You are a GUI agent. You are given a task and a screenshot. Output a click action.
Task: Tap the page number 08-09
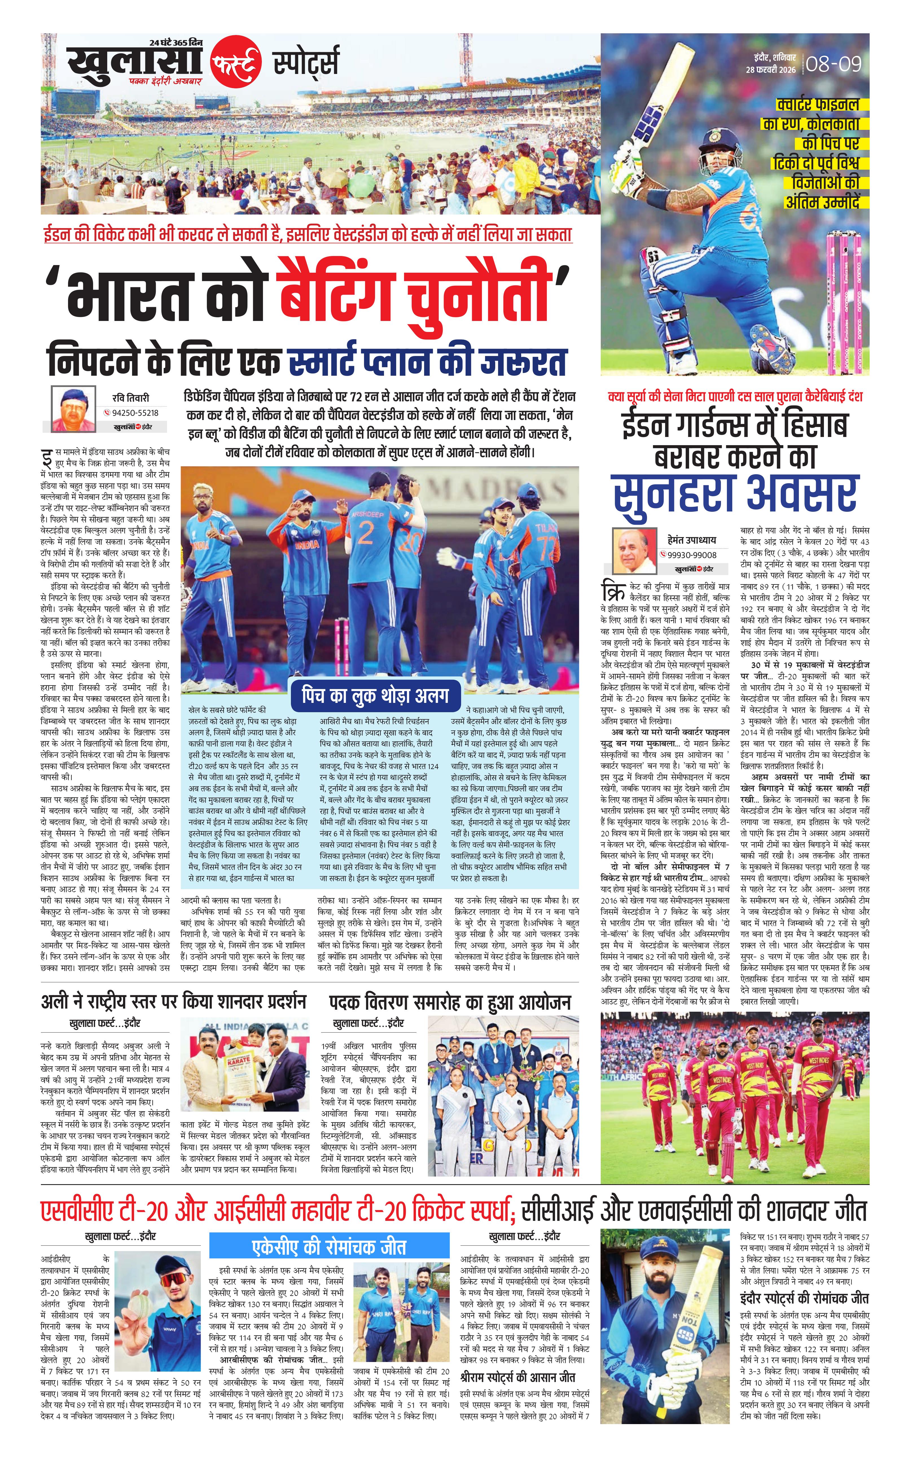[834, 63]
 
